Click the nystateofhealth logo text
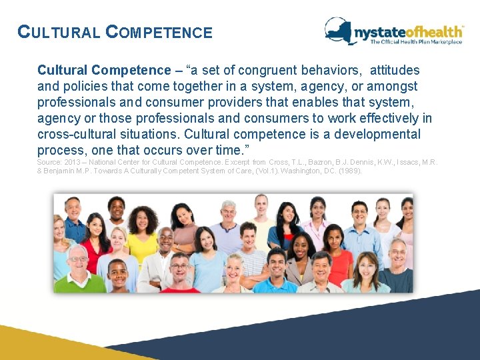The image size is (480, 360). click(x=407, y=31)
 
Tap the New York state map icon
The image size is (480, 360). click(x=338, y=30)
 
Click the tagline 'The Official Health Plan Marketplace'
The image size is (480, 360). click(x=416, y=43)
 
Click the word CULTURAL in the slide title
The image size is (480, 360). click(x=59, y=32)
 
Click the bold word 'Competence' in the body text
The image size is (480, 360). click(x=131, y=70)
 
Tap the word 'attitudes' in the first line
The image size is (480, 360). click(x=395, y=70)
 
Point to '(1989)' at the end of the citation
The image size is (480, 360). click(x=350, y=171)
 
